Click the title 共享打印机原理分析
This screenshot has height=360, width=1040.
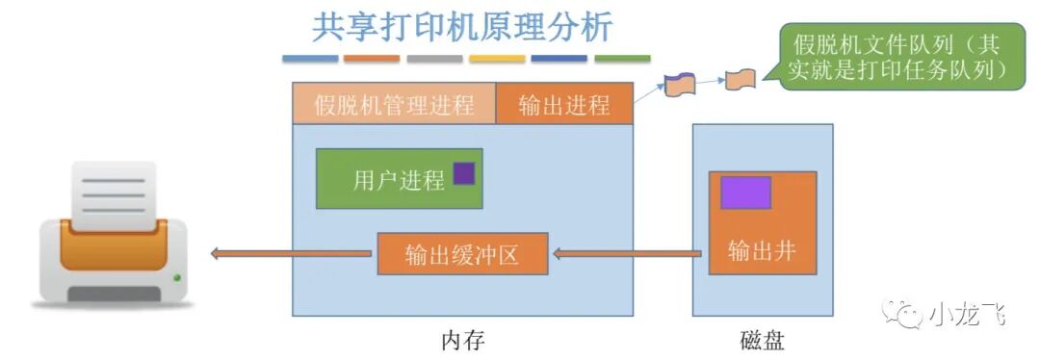(x=462, y=27)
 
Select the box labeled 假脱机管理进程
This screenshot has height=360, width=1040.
(x=394, y=104)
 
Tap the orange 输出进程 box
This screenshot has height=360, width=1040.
(x=564, y=104)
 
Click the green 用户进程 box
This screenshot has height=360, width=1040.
(x=399, y=179)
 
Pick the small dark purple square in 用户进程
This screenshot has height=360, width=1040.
(x=464, y=173)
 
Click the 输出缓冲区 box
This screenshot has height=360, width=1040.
(x=462, y=255)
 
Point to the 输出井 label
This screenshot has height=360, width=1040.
(x=762, y=252)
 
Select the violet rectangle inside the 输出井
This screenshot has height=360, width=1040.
(x=745, y=193)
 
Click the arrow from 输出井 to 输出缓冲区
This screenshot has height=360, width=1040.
(x=626, y=255)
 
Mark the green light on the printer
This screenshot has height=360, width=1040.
(x=176, y=279)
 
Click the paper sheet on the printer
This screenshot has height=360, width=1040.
(x=114, y=193)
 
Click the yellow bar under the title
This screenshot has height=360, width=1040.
(x=497, y=59)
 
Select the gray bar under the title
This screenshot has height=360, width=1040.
(x=434, y=59)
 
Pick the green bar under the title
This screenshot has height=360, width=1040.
(x=622, y=59)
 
